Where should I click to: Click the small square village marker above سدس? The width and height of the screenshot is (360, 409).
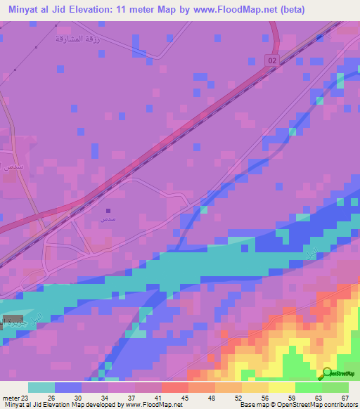(108, 210)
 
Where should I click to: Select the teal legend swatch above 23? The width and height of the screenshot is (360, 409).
(41, 387)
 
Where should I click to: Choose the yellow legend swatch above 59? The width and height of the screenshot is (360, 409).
(281, 387)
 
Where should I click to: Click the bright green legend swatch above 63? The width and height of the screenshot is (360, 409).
(308, 387)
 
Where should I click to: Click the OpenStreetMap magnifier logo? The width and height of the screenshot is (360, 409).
(326, 374)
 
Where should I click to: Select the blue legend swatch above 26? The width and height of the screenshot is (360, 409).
(68, 387)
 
